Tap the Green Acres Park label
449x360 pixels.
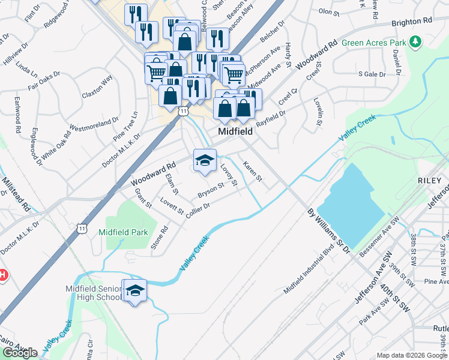tap(373, 43)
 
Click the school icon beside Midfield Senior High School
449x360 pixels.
tap(134, 291)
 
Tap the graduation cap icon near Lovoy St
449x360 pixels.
tap(205, 160)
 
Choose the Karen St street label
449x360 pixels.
tap(252, 172)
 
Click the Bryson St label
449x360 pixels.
tap(211, 190)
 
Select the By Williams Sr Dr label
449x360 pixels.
tap(328, 230)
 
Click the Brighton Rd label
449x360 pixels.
tap(411, 21)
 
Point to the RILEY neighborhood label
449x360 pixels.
tap(430, 181)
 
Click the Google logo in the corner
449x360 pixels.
tap(20, 353)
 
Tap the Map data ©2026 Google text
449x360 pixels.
tap(412, 355)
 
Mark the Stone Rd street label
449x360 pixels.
tap(160, 237)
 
